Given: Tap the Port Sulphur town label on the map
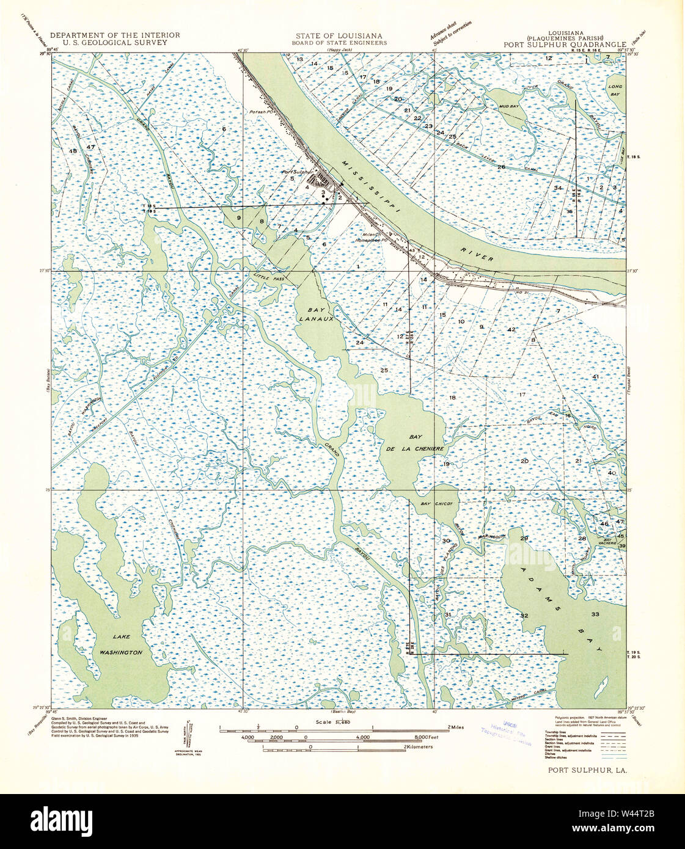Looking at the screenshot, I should click(x=297, y=172).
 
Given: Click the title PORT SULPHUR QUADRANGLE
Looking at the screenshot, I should click(x=565, y=45).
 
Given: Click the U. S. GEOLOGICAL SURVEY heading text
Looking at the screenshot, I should click(x=115, y=43).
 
